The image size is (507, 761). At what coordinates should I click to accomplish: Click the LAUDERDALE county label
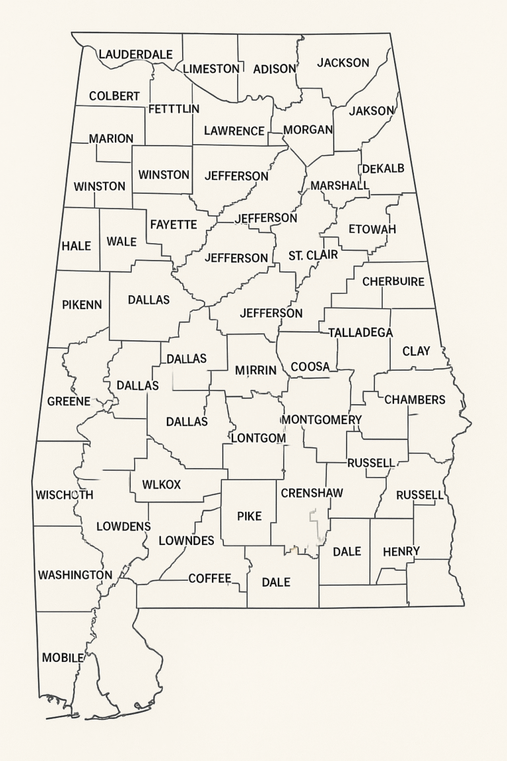click(135, 54)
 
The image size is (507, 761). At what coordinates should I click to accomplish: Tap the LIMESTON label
click(211, 69)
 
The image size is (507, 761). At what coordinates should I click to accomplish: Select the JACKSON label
click(343, 63)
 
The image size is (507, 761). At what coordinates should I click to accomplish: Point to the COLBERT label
click(114, 96)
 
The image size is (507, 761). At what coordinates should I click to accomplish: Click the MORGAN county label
click(308, 129)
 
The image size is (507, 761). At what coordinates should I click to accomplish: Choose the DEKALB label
click(383, 168)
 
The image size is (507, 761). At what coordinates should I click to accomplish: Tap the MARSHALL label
click(339, 186)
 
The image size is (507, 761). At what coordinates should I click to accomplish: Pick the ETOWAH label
click(372, 229)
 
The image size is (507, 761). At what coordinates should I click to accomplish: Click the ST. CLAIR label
click(313, 255)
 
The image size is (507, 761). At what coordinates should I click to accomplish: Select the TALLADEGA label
click(360, 332)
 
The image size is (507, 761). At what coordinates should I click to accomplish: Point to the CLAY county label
click(416, 351)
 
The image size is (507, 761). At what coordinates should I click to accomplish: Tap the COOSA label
click(310, 367)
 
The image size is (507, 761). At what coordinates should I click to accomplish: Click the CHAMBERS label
click(415, 400)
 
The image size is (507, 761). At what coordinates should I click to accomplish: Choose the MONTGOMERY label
click(322, 420)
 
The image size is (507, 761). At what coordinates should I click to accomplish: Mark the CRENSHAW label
click(312, 493)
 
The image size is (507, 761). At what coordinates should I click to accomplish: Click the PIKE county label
click(250, 516)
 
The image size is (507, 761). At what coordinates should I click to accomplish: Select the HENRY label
click(401, 551)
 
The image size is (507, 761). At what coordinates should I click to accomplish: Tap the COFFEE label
click(210, 579)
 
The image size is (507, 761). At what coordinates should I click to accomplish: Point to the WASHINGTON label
click(75, 575)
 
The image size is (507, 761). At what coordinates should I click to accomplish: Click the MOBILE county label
click(63, 657)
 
